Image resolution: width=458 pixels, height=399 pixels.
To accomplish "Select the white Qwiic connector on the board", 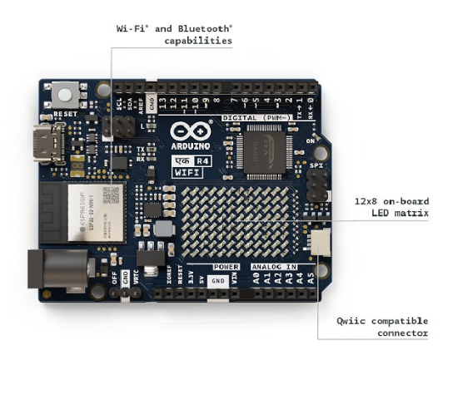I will click(319, 242).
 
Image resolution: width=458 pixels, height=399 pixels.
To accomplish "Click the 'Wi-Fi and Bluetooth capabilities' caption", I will click(174, 34).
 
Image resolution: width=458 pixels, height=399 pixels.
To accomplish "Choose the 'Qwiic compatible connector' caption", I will click(382, 326).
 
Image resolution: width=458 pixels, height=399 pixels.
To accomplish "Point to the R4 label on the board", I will click(203, 160).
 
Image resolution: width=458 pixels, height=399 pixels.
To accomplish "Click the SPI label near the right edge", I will click(316, 165).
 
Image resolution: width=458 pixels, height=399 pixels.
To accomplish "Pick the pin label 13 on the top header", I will click(162, 103).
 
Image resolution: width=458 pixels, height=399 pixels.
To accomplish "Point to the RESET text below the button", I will click(65, 113).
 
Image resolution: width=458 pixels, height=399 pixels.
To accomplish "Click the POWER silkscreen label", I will click(226, 267).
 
